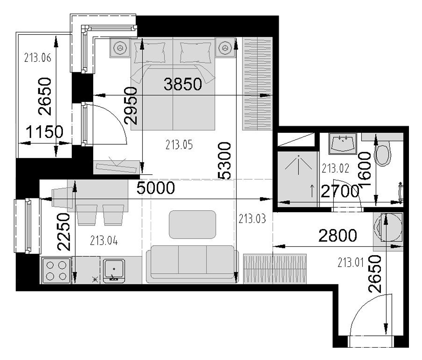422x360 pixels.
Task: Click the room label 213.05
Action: [x=179, y=145]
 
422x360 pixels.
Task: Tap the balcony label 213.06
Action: [x=38, y=58]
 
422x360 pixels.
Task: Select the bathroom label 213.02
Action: [x=335, y=168]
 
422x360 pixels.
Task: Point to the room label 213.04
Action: [x=104, y=241]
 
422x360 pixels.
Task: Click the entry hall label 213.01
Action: [x=351, y=263]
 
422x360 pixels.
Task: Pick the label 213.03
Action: [x=252, y=219]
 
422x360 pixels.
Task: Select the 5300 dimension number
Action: [x=224, y=161]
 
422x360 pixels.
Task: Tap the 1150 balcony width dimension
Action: [x=45, y=132]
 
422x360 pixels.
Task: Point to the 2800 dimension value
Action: [x=338, y=235]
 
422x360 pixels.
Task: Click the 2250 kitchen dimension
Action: [x=64, y=232]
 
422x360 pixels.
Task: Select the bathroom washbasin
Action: [x=342, y=143]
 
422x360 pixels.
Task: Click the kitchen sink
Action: [x=114, y=270]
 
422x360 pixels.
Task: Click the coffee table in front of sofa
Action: [x=193, y=225]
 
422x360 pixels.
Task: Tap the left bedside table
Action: [x=120, y=48]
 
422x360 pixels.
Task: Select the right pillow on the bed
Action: [x=195, y=53]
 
